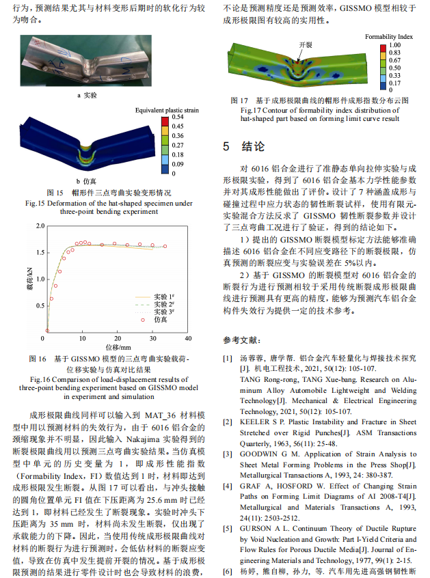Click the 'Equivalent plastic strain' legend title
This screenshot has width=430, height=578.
point(167,110)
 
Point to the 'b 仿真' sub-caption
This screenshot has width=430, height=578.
point(86,182)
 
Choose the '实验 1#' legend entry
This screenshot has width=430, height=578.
point(163,294)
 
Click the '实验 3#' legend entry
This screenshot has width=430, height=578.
point(163,311)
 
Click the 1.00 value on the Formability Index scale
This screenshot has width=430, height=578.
point(394,44)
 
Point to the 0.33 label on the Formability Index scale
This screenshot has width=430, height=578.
point(394,75)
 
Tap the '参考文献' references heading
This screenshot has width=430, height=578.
point(240,340)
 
